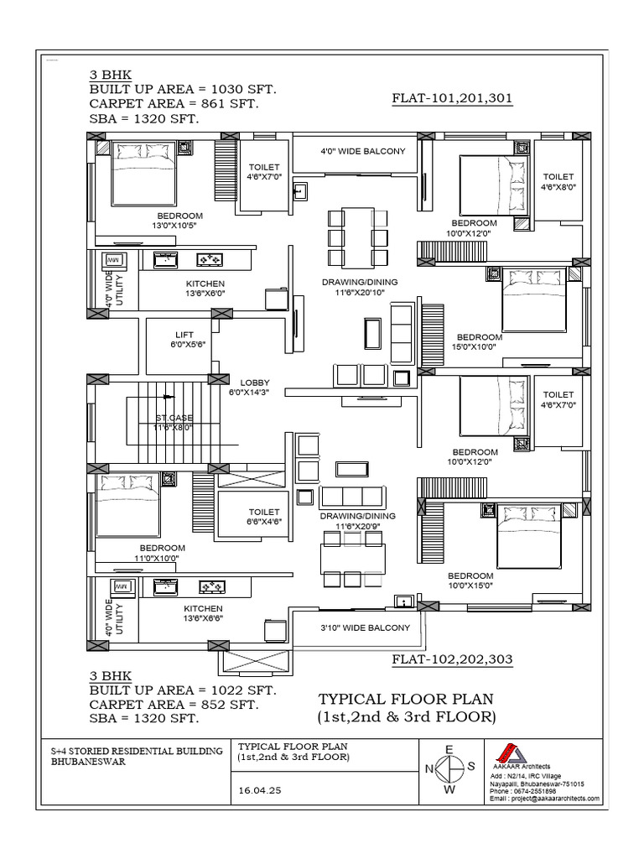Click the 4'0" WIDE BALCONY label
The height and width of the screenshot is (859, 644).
click(x=362, y=152)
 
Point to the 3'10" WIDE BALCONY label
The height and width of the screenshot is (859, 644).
click(x=366, y=627)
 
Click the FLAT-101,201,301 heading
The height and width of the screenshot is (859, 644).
click(x=452, y=98)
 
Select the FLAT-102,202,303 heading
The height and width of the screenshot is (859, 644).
click(x=452, y=660)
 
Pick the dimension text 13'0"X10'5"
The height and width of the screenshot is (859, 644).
click(x=177, y=226)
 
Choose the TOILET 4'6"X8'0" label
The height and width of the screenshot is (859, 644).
click(x=558, y=182)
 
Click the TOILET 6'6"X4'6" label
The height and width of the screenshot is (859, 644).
click(x=263, y=516)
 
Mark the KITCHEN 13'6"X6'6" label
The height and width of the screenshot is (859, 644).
click(x=203, y=613)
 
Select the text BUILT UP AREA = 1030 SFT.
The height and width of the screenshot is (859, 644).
click(x=183, y=89)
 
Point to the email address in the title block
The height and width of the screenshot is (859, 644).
click(x=544, y=799)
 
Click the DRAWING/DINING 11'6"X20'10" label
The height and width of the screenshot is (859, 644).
click(x=360, y=287)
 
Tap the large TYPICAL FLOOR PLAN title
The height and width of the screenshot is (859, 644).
click(x=406, y=699)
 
